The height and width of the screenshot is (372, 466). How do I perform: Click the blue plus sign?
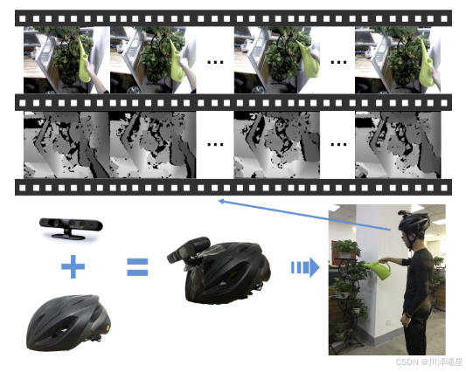pyautogui.click(x=73, y=266)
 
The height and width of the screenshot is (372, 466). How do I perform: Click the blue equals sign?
pyautogui.click(x=137, y=266)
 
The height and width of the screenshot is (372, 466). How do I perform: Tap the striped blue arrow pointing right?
pyautogui.click(x=305, y=267)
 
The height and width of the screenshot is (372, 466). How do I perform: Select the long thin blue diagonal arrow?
pyautogui.click(x=304, y=215)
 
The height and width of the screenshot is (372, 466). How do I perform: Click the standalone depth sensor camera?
pyautogui.click(x=71, y=228)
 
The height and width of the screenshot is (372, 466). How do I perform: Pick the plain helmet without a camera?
pyautogui.click(x=68, y=322)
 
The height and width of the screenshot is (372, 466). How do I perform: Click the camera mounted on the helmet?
pyautogui.click(x=189, y=250)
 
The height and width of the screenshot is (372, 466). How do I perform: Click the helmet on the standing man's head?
pyautogui.click(x=414, y=221)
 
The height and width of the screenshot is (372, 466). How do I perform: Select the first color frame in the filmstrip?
pyautogui.click(x=66, y=60)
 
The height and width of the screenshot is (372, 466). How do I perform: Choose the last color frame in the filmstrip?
pyautogui.click(x=398, y=60)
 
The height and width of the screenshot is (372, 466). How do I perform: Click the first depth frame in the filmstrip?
pyautogui.click(x=66, y=145)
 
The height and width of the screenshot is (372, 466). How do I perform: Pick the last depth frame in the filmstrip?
pyautogui.click(x=398, y=145)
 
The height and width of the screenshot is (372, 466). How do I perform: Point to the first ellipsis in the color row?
pyautogui.click(x=215, y=62)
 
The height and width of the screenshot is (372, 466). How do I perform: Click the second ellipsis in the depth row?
pyautogui.click(x=338, y=145)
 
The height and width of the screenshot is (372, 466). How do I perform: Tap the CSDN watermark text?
pyautogui.click(x=429, y=362)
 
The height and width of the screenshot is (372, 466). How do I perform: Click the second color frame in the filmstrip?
pyautogui.click(x=153, y=60)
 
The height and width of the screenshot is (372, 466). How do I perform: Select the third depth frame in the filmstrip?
pyautogui.click(x=277, y=145)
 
